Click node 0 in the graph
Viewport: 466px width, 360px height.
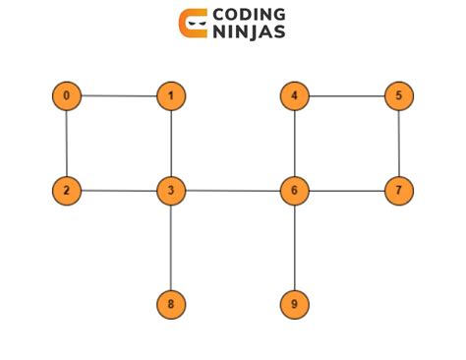66,96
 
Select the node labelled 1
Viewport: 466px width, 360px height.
171,96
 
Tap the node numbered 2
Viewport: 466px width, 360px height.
66,190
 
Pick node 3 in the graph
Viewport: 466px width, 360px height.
171,190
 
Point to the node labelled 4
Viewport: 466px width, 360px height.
294,96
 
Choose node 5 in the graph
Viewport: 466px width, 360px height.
398,96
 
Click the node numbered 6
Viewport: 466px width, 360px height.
294,190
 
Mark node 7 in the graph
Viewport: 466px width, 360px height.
398,190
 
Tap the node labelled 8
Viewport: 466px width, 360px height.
171,305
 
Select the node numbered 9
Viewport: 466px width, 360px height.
294,305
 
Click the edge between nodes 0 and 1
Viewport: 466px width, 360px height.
118,96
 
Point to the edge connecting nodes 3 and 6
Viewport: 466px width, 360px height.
232,190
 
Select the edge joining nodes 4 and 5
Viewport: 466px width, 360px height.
346,96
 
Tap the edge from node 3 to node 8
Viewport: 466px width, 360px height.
171,248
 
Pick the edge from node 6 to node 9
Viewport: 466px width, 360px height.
294,248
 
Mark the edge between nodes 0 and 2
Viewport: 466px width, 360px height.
66,143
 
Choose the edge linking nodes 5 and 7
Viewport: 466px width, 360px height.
398,143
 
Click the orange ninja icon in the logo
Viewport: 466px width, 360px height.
193,24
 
